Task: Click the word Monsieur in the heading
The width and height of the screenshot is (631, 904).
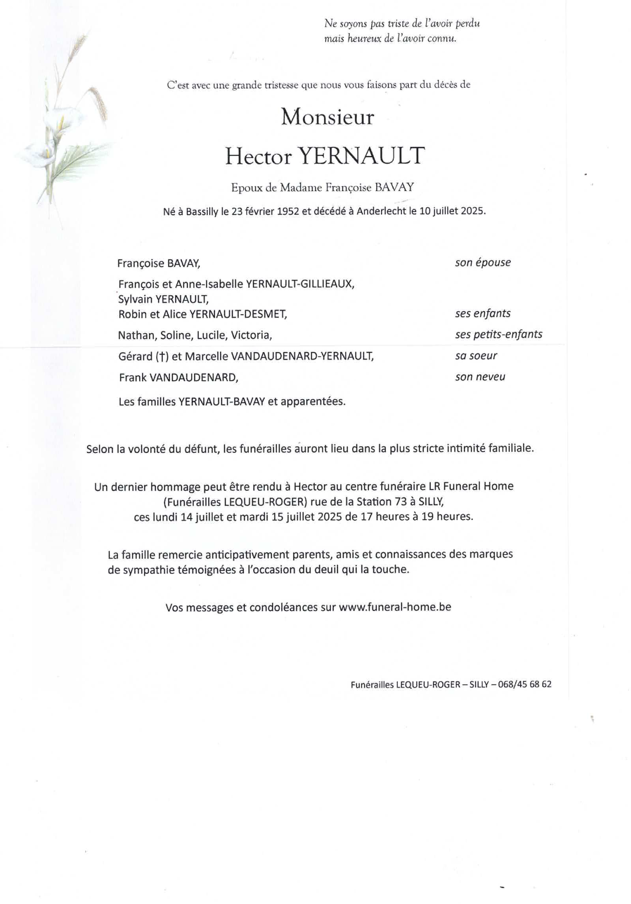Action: [327, 117]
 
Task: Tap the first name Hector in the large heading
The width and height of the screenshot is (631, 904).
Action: [258, 156]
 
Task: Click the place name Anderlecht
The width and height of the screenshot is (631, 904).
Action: [381, 211]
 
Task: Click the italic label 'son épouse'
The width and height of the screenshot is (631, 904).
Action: [483, 263]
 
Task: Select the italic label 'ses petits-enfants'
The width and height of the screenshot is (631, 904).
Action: [498, 335]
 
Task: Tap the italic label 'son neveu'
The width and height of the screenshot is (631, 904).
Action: [480, 377]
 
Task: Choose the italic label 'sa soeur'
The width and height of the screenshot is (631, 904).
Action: [476, 356]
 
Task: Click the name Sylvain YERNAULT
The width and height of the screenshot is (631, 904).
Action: [163, 299]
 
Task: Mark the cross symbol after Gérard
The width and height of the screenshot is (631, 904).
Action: [162, 357]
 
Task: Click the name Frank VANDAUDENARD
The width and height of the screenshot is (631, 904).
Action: [178, 378]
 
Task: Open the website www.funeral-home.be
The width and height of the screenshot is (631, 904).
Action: [395, 607]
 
